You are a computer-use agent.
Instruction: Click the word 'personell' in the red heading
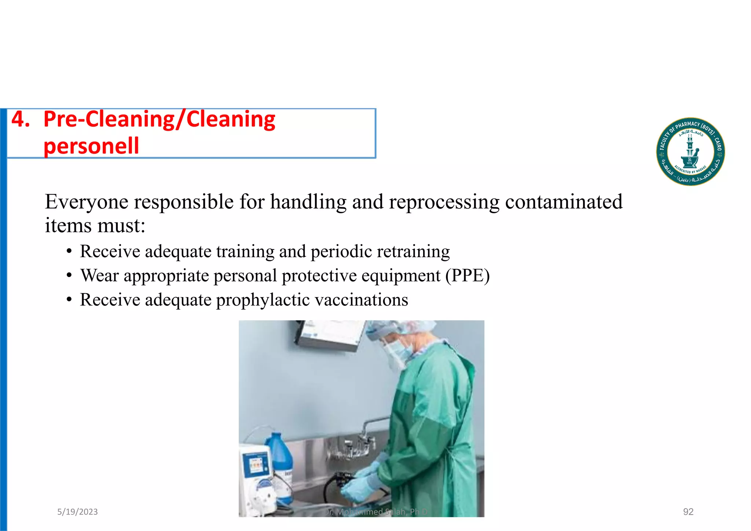[91, 146]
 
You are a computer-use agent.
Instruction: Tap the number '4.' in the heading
[21, 119]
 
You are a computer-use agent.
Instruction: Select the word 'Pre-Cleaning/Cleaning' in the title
[159, 119]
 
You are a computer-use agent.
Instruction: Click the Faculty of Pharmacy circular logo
[690, 152]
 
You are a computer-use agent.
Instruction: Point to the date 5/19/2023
[77, 512]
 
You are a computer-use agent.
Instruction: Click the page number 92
[688, 512]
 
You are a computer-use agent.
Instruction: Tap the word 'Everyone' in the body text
[87, 202]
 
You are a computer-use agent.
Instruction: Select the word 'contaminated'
[564, 202]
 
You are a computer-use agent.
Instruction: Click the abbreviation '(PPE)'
[468, 276]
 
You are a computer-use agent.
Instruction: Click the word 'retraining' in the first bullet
[413, 251]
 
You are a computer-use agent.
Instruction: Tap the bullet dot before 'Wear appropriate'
[69, 276]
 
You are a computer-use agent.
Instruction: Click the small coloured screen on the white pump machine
[256, 466]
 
